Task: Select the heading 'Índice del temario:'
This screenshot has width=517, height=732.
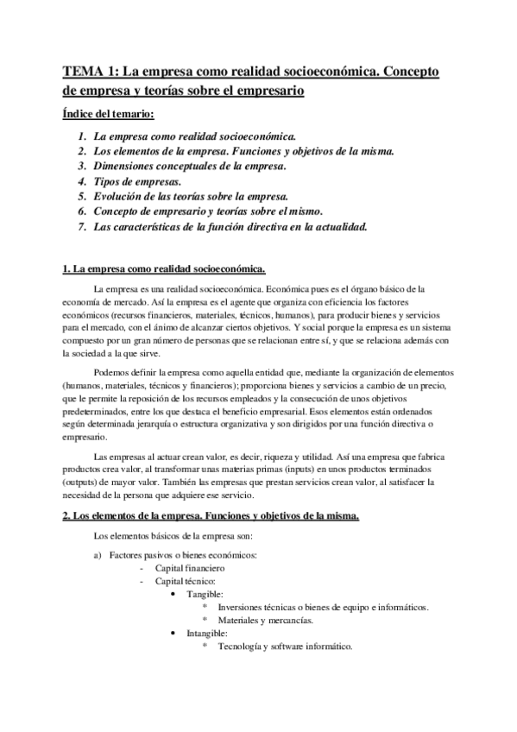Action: (109, 113)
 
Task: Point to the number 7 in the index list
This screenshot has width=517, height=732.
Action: (80, 227)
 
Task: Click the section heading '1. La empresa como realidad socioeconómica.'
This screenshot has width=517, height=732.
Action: (164, 270)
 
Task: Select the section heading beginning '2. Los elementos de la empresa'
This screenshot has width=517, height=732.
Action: (211, 516)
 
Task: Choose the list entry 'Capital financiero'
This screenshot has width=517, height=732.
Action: (190, 570)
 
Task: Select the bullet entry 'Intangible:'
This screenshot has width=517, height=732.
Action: (209, 633)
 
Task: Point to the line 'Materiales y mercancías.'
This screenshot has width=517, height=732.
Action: (266, 620)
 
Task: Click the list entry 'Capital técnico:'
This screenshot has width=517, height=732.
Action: (185, 583)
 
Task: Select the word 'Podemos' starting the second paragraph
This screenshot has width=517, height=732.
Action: (111, 372)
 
